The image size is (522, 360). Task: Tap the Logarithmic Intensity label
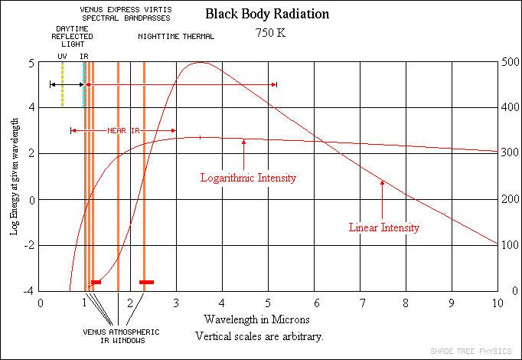point(248,178)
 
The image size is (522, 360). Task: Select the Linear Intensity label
point(384,227)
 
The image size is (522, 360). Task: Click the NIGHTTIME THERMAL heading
point(176,37)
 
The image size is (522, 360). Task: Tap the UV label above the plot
point(63,56)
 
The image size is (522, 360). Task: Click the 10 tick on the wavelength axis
point(497,303)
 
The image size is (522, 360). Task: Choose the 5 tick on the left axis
point(31,63)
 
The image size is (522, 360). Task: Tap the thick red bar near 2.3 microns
point(146,283)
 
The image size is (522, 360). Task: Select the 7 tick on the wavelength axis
point(361,303)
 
